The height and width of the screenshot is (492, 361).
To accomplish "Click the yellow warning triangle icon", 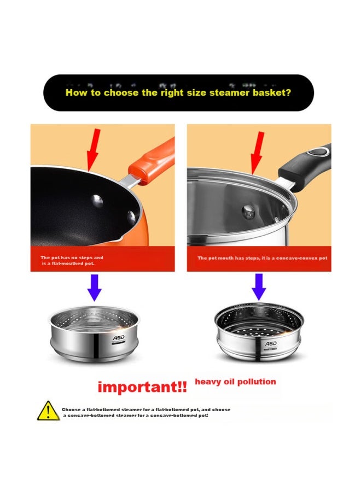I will pyautogui.click(x=48, y=411).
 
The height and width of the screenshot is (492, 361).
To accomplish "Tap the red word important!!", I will pyautogui.click(x=142, y=388).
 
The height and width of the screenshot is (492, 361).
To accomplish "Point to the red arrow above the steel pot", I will pyautogui.click(x=257, y=150).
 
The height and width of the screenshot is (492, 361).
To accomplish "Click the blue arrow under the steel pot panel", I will pyautogui.click(x=259, y=286).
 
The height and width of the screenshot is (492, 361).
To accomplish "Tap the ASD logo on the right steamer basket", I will pyautogui.click(x=271, y=343).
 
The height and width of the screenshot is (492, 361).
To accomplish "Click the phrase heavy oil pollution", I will pyautogui.click(x=235, y=382).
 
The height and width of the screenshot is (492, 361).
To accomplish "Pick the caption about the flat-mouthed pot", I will pyautogui.click(x=72, y=260).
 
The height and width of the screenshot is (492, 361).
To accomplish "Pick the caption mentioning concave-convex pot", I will pyautogui.click(x=262, y=258).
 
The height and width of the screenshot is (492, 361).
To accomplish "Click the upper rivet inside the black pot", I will pyautogui.click(x=97, y=201).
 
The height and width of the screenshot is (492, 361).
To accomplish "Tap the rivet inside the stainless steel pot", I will pyautogui.click(x=248, y=209).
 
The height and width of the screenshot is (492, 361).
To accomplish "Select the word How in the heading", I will pyautogui.click(x=75, y=92).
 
